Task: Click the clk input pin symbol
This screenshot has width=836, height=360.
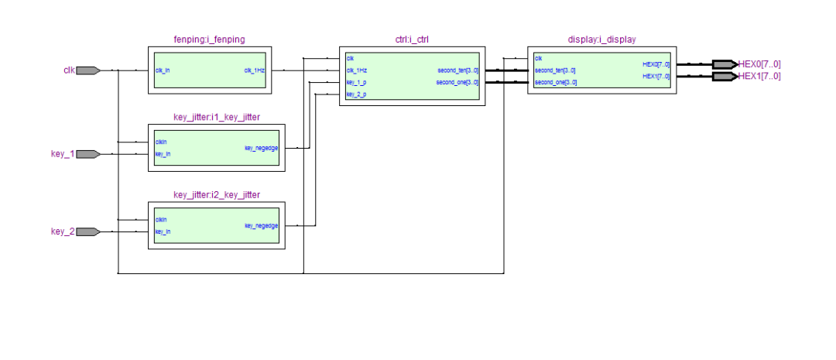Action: tap(88, 70)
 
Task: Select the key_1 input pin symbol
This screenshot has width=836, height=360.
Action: tap(88, 154)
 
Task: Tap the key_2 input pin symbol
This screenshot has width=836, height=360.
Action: tap(88, 231)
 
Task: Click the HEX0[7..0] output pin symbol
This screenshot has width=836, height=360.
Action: tap(724, 64)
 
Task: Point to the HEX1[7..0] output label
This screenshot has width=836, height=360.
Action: tap(760, 77)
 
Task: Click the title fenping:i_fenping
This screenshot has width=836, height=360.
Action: tap(210, 39)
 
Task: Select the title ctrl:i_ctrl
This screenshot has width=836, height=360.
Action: tap(412, 39)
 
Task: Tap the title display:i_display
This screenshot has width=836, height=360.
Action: tap(601, 39)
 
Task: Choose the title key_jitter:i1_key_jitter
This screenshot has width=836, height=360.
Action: tap(216, 118)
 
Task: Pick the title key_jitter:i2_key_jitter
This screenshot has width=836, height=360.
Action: tap(216, 194)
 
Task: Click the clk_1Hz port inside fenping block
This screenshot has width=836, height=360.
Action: tap(255, 70)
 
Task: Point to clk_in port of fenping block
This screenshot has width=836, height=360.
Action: tap(163, 70)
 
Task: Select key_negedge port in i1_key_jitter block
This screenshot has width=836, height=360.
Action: tap(261, 148)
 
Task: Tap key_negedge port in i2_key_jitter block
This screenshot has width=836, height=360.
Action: tap(261, 225)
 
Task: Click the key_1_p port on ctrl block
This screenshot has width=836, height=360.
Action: tap(356, 82)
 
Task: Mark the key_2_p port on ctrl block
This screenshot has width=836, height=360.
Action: tap(356, 94)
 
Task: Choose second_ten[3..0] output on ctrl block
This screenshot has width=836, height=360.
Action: tap(457, 70)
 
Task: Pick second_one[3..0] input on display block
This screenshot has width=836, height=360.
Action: tap(555, 82)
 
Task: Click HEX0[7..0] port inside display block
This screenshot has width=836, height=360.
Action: tap(656, 64)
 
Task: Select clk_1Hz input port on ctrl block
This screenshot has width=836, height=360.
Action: tap(356, 70)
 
